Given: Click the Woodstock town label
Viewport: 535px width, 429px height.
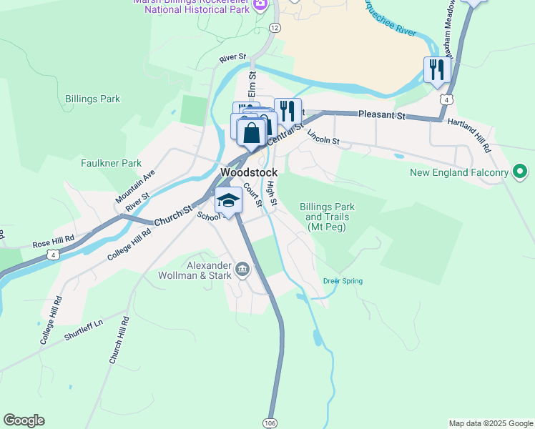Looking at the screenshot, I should tap(249, 173).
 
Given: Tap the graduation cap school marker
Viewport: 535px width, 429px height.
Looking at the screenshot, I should tap(229, 200).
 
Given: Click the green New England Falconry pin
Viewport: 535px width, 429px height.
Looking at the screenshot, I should tap(520, 172).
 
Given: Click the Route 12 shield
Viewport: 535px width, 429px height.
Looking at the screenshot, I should tap(275, 27).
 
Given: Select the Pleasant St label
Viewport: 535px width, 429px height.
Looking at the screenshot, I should tap(382, 114).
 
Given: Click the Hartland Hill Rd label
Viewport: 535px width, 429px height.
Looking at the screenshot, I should tap(469, 135).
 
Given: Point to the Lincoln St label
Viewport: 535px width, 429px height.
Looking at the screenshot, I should tap(323, 137).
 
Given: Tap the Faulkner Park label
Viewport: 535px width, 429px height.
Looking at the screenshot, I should tap(111, 163).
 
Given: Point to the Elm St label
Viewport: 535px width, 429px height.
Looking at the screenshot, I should tap(252, 85).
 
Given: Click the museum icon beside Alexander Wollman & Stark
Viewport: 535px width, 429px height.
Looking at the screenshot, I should tap(242, 270).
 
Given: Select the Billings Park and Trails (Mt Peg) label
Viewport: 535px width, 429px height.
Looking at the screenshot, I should tap(327, 217).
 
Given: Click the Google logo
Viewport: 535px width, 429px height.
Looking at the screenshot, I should tap(24, 420).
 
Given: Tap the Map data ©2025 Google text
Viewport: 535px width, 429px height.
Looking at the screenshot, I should tap(491, 423).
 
